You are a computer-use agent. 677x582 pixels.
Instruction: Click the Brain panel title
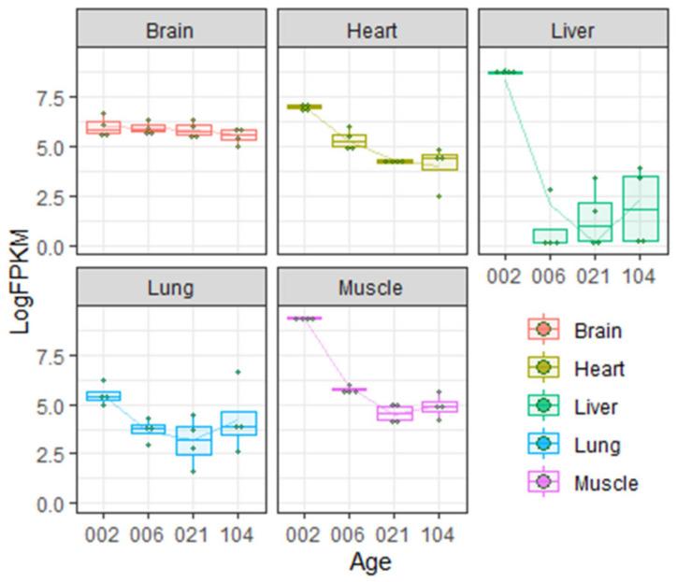click(170, 30)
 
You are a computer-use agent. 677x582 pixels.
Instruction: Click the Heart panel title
click(371, 30)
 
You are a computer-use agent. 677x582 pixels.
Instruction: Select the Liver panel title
click(572, 30)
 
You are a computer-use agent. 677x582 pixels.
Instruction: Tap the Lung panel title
click(170, 288)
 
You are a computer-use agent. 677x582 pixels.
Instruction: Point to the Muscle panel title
click(371, 288)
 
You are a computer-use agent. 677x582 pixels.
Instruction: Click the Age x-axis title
click(371, 562)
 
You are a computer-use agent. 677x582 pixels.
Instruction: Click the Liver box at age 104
click(641, 207)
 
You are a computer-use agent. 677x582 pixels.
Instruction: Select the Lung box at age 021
click(192, 440)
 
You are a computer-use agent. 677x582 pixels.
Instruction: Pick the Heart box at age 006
click(350, 141)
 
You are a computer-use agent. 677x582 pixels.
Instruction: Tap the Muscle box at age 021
click(394, 413)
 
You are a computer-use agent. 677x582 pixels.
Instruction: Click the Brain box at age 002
click(103, 127)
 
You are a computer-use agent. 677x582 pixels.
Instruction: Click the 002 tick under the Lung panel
click(103, 535)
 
